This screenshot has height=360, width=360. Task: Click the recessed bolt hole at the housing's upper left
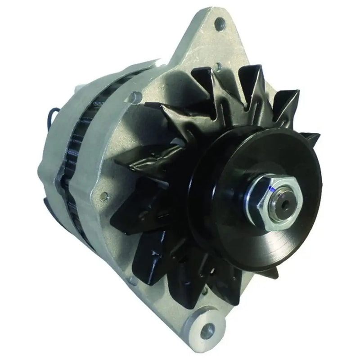(x=134, y=95)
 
